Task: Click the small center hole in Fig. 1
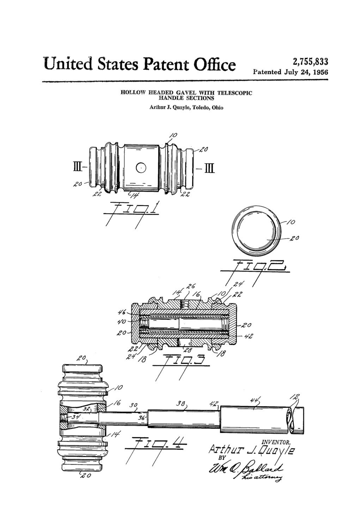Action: pos(141,168)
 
